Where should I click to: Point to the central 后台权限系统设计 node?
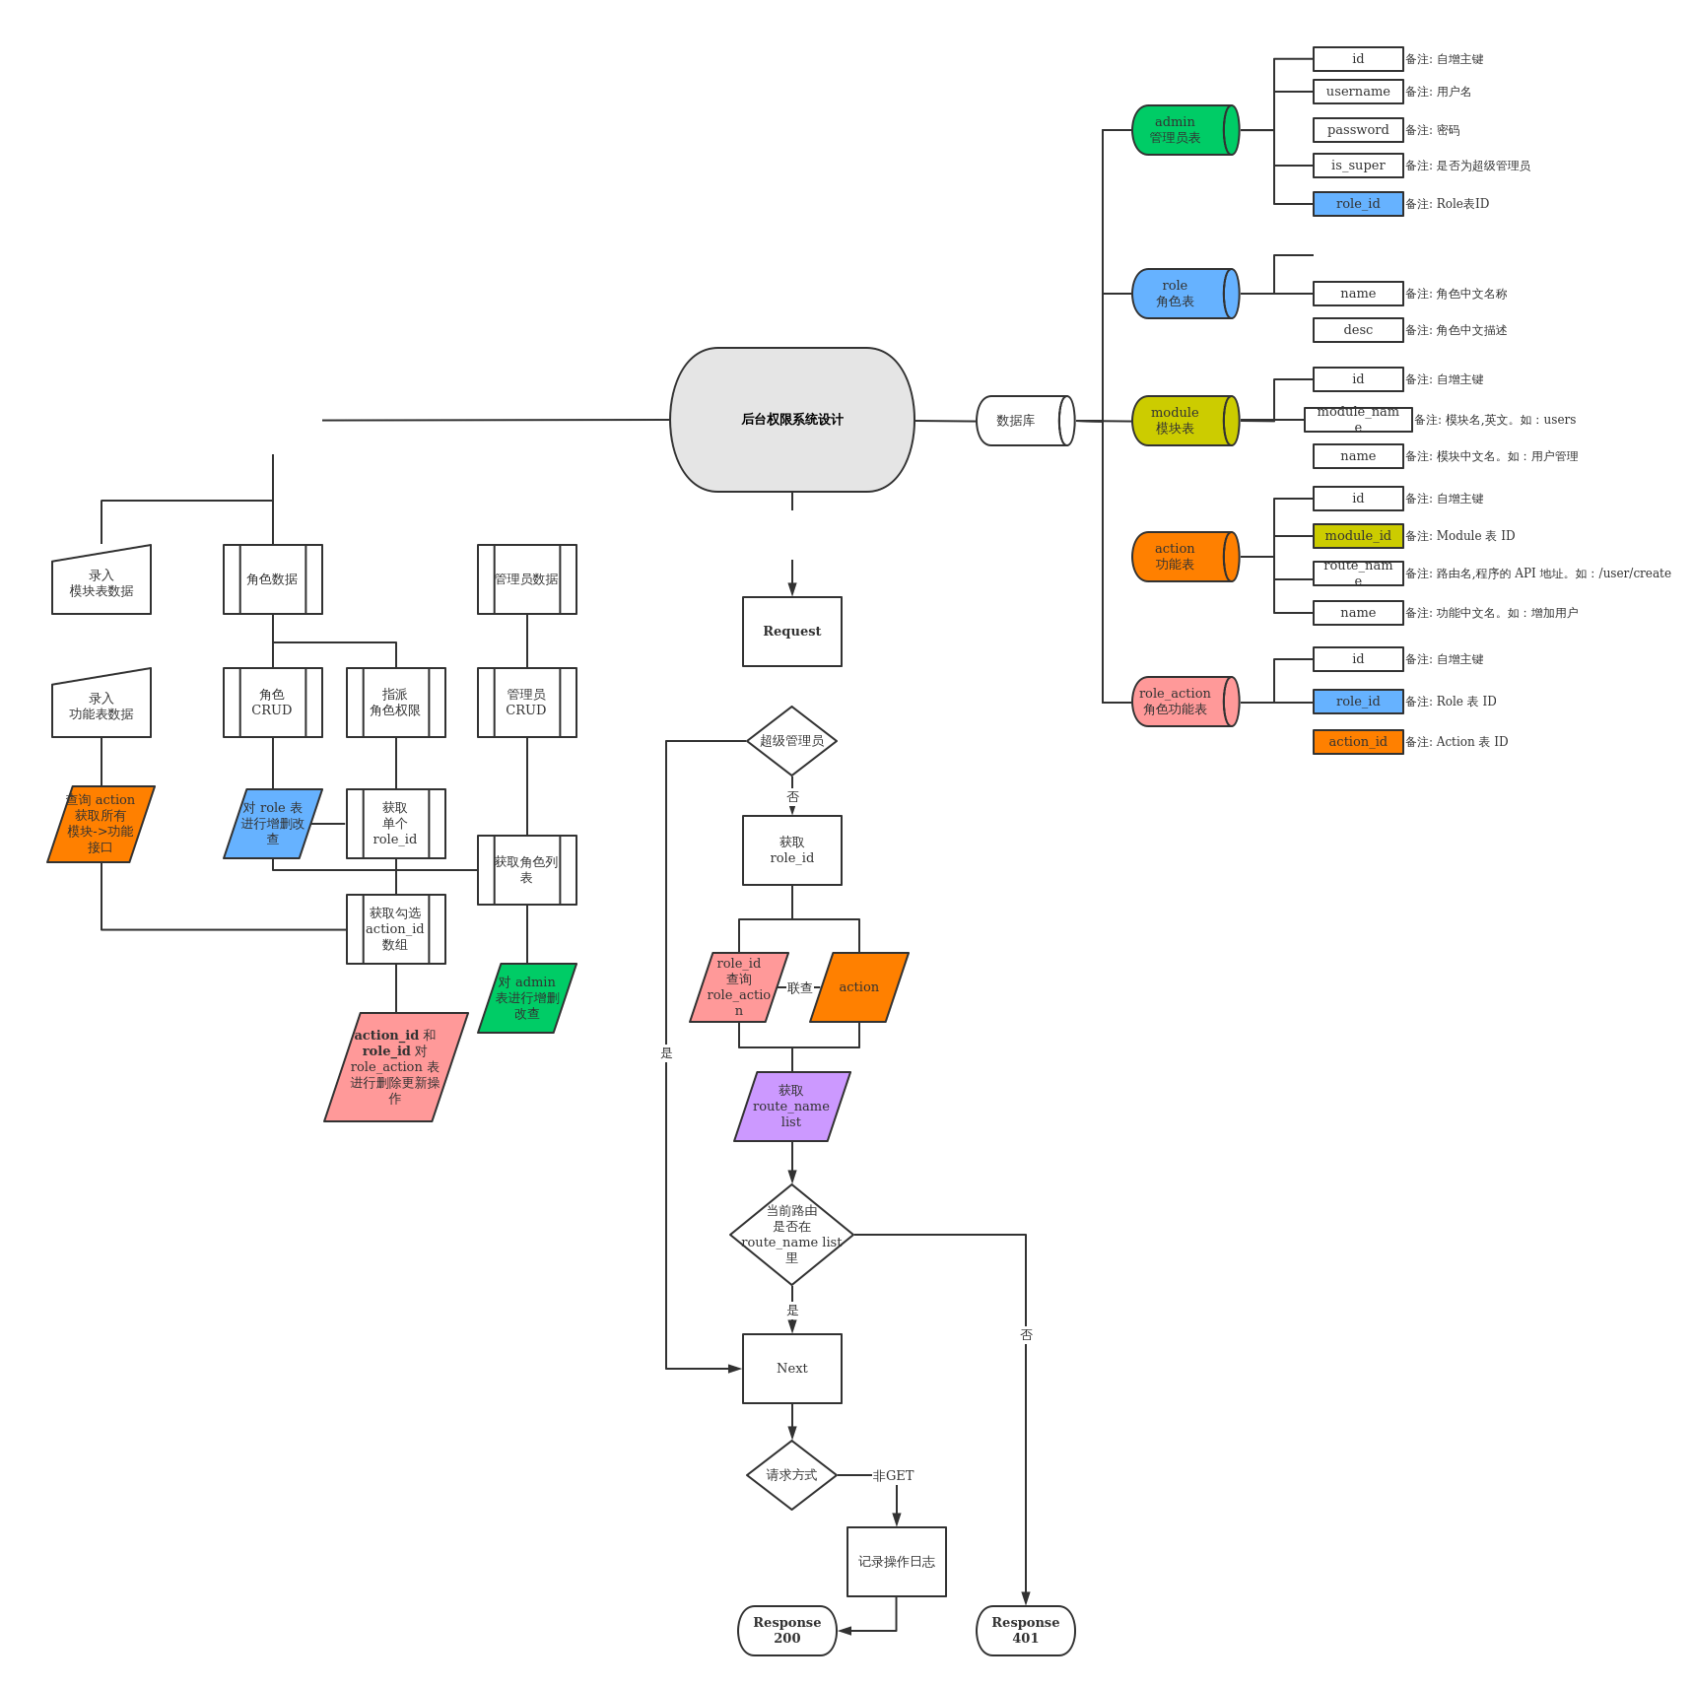pos(792,420)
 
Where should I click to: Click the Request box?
pos(792,632)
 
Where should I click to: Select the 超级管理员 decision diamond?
pos(792,741)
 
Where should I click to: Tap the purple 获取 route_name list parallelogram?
pos(792,1107)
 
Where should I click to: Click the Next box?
pos(792,1369)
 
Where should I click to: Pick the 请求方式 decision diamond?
pos(792,1475)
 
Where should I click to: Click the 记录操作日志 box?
pos(897,1562)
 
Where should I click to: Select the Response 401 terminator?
pos(1026,1631)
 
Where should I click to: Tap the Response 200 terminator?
pos(787,1631)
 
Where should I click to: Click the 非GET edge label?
pos(894,1476)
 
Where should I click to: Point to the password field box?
pos(1358,130)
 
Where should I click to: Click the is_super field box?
pos(1358,166)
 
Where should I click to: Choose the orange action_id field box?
pos(1358,742)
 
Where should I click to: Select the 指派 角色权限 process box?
pos(396,703)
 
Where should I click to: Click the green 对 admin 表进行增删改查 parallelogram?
pos(527,998)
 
